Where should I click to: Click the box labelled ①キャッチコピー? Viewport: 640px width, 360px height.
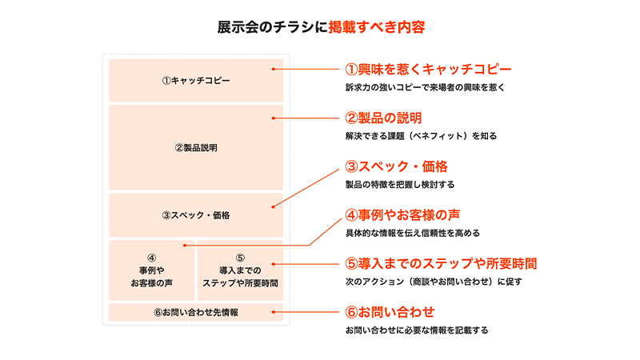[x=195, y=80]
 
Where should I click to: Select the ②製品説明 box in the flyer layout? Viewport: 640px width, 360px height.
[x=195, y=148]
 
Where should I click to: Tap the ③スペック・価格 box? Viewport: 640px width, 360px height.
[x=195, y=214]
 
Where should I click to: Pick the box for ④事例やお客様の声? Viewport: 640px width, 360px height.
[x=151, y=270]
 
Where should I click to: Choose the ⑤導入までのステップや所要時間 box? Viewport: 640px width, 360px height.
[x=240, y=270]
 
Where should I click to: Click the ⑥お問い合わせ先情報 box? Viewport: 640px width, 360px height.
[x=195, y=312]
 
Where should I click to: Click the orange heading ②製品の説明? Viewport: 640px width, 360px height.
[x=383, y=118]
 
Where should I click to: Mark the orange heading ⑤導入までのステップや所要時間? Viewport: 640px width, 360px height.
[x=440, y=263]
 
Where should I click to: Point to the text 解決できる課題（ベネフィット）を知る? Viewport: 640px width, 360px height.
[x=421, y=136]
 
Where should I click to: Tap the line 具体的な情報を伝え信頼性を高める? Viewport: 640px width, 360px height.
[x=412, y=233]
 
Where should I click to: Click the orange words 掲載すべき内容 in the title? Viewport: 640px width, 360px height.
[x=376, y=26]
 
